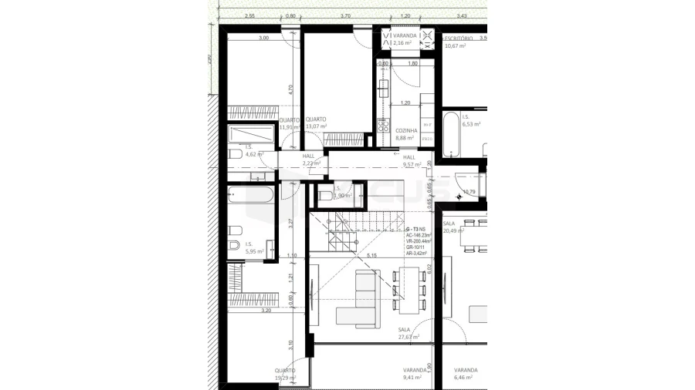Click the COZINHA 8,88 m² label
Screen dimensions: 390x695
(406, 135)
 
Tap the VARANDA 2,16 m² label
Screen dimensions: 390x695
(405, 39)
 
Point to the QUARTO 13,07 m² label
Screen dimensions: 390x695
(315, 123)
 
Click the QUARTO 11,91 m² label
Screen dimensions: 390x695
(287, 123)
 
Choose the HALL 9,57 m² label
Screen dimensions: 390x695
(410, 160)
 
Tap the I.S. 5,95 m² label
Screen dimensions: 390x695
(254, 247)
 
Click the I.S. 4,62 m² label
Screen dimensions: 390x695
(254, 150)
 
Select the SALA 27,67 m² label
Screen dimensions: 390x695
(409, 333)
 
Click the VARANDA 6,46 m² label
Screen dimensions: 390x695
(466, 374)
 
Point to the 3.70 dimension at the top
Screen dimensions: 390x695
(345, 15)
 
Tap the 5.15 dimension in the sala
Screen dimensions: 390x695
(371, 255)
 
